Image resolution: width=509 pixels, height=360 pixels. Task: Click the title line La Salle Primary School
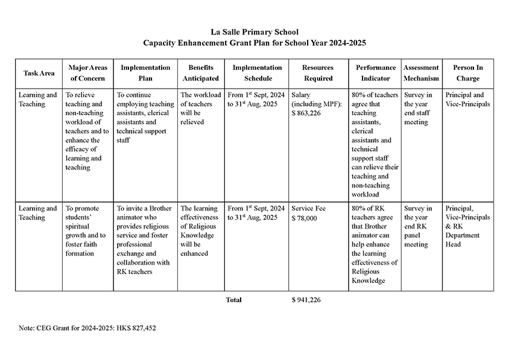(255, 32)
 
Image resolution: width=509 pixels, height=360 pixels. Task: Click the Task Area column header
(39, 73)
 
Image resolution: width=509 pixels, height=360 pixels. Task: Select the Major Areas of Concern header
(88, 73)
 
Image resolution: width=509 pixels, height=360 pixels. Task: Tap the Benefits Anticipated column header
(201, 73)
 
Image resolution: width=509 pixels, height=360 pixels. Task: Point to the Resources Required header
(318, 73)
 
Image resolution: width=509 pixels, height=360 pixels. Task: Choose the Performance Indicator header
(376, 73)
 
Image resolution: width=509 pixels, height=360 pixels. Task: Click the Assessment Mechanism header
(422, 73)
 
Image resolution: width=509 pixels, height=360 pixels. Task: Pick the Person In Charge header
(468, 73)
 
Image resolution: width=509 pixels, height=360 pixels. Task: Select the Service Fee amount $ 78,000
(304, 218)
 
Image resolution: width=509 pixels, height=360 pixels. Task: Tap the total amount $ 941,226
(306, 300)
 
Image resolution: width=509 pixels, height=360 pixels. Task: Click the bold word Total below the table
(233, 300)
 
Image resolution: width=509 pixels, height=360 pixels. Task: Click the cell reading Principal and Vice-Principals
(467, 99)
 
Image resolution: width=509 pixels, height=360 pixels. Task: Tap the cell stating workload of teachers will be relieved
(200, 109)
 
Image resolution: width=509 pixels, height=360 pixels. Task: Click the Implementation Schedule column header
(257, 73)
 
